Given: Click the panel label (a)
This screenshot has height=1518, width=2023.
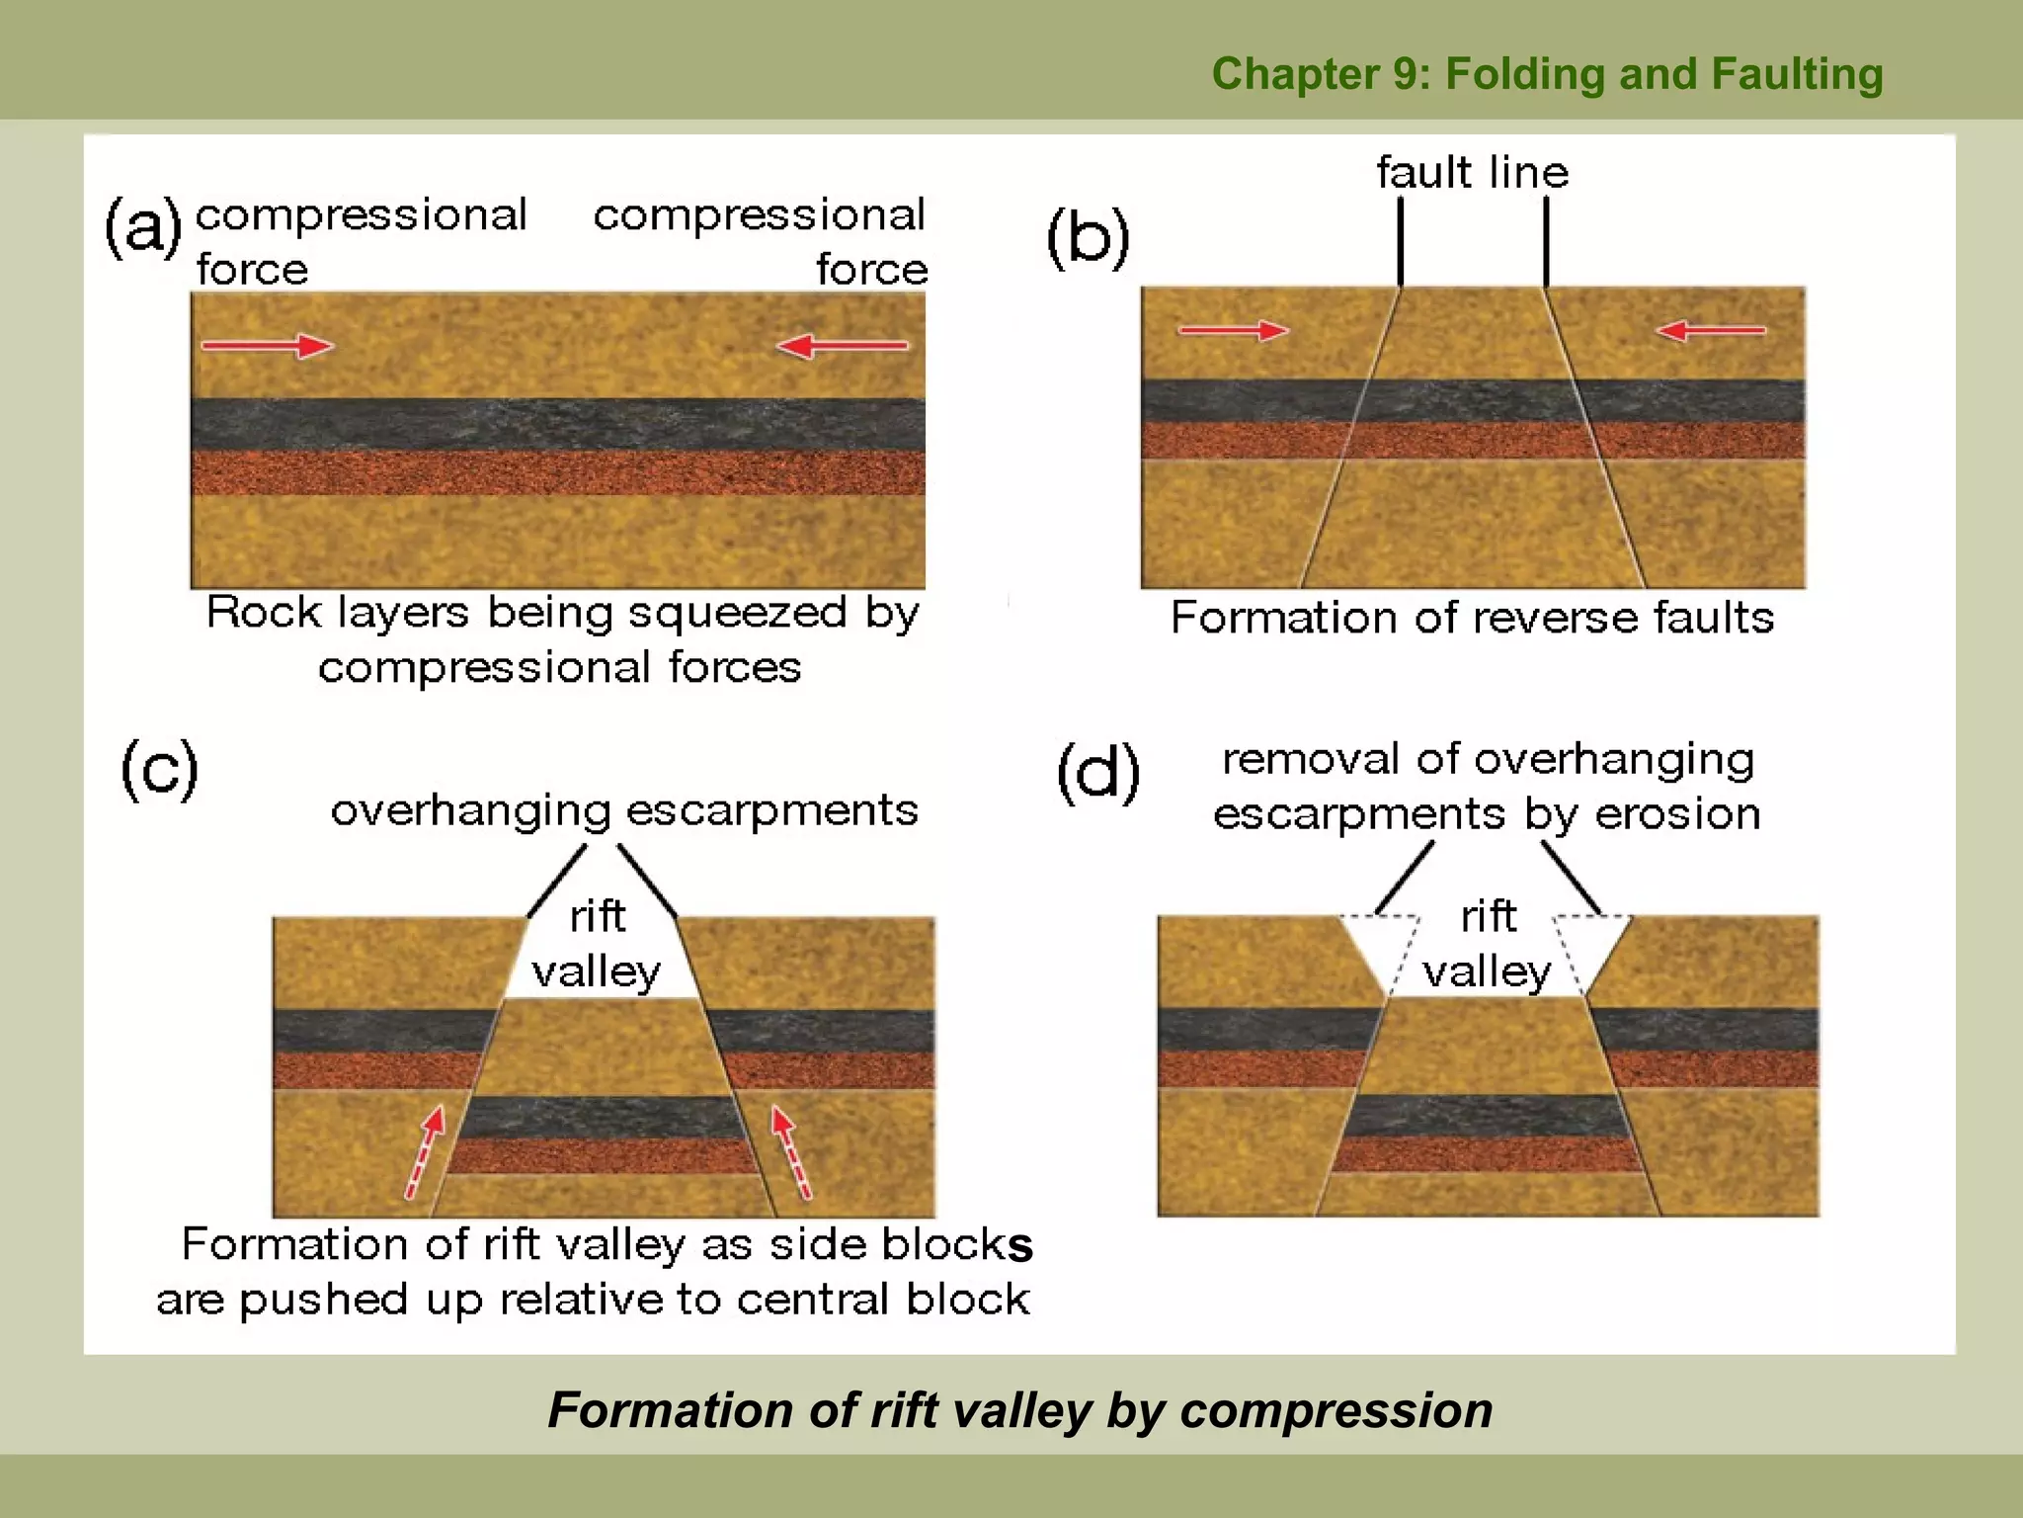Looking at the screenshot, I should pos(144,227).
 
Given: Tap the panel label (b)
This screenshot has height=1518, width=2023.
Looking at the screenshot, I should pos(1088,238).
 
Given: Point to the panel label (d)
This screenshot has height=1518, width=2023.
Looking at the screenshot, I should pos(1098,773).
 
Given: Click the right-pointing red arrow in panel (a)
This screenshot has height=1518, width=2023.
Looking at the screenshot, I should pos(268,346).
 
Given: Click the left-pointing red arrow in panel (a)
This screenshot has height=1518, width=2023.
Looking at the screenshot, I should pos(842,346).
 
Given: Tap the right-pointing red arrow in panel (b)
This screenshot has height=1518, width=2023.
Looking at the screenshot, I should pos(1234,330).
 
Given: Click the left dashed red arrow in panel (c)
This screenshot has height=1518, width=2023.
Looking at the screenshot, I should pos(426,1152).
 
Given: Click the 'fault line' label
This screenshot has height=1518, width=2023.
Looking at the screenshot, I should pos(1472,173).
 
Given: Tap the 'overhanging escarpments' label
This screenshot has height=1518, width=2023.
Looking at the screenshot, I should pos(624,810).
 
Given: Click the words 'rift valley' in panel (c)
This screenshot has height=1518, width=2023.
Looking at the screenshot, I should pos(597,944).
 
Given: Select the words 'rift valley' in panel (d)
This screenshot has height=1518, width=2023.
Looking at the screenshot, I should pos(1488,944).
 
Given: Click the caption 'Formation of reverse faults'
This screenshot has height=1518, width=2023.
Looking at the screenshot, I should pos(1472,618).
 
